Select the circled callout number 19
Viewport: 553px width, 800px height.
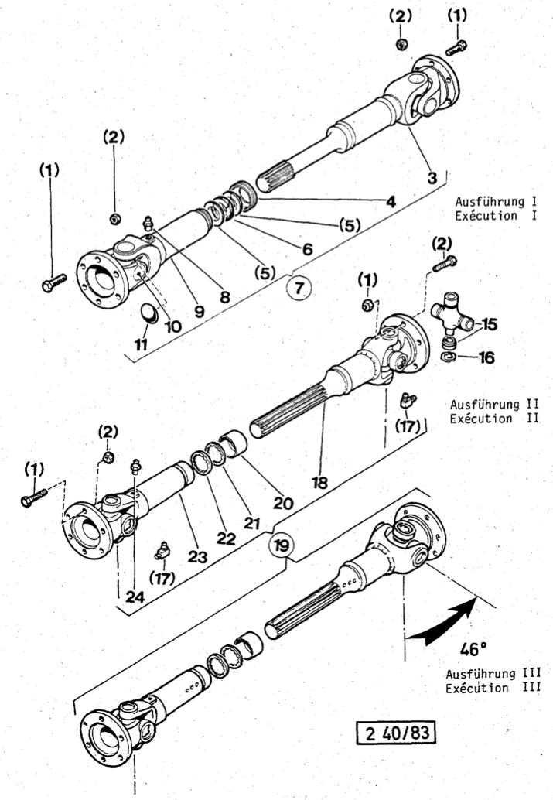pyautogui.click(x=282, y=545)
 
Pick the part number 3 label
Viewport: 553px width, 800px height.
pyautogui.click(x=432, y=177)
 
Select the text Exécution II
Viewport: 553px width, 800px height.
pyautogui.click(x=493, y=419)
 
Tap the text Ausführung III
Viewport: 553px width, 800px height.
pyautogui.click(x=498, y=673)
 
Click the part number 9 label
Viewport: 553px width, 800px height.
pyautogui.click(x=199, y=312)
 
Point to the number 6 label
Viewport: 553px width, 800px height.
pyautogui.click(x=306, y=250)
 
